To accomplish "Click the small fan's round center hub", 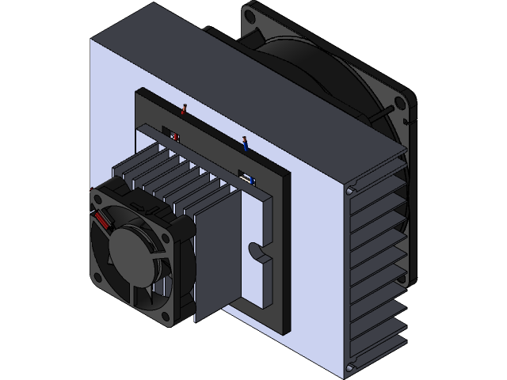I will tap(130, 252).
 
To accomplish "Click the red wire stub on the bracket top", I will tap(185, 110).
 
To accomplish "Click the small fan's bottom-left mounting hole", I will tap(97, 277).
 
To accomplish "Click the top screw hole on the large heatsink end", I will tap(349, 190).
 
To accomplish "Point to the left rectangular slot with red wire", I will tap(172, 135).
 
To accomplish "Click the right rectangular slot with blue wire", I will tap(246, 178).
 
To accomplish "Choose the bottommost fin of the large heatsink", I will tap(380, 348).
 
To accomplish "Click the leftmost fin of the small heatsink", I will tap(119, 170).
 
